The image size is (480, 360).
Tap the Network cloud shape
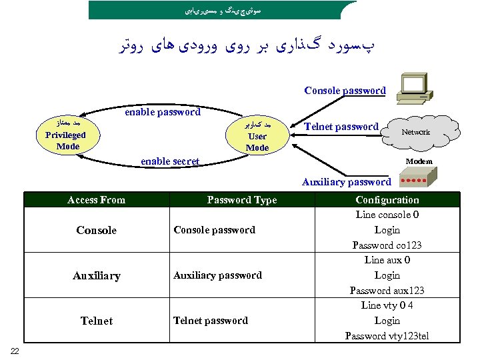pyautogui.click(x=415, y=132)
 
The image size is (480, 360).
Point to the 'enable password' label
pyautogui.click(x=163, y=112)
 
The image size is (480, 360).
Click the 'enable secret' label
pyautogui.click(x=170, y=161)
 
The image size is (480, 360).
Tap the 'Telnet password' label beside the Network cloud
pyautogui.click(x=341, y=127)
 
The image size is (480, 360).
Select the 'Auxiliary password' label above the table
pyautogui.click(x=347, y=181)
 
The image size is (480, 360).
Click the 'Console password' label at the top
pyautogui.click(x=345, y=91)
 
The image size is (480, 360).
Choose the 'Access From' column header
pyautogui.click(x=97, y=199)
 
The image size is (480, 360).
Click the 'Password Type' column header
pyautogui.click(x=242, y=199)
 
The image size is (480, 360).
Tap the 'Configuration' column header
pyautogui.click(x=387, y=199)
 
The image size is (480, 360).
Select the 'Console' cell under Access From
pyautogui.click(x=96, y=231)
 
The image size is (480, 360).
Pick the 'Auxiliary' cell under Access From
pyautogui.click(x=97, y=275)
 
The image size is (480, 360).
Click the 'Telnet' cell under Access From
pyautogui.click(x=97, y=321)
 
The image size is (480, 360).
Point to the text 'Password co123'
pyautogui.click(x=387, y=245)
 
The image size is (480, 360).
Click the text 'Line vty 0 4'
pyautogui.click(x=387, y=305)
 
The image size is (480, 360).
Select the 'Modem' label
pyautogui.click(x=419, y=161)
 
